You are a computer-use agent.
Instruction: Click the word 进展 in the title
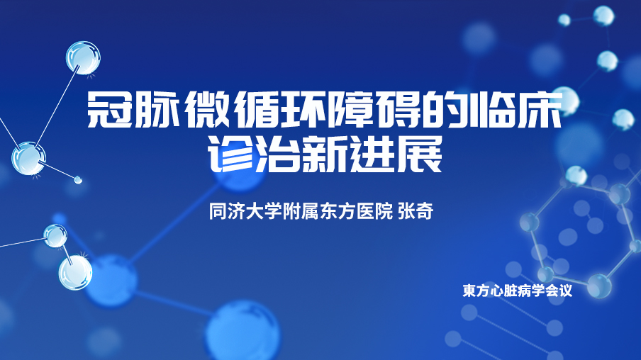pyautogui.click(x=394, y=154)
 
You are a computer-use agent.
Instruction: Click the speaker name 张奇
pyautogui.click(x=416, y=212)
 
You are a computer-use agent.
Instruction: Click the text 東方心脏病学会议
pyautogui.click(x=517, y=291)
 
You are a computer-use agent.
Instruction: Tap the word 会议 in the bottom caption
pyautogui.click(x=559, y=291)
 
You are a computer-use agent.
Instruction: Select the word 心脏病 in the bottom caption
pyautogui.click(x=511, y=291)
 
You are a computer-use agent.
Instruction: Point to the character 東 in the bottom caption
pyautogui.click(x=469, y=291)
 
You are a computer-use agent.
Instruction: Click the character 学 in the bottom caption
pyautogui.click(x=537, y=291)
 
